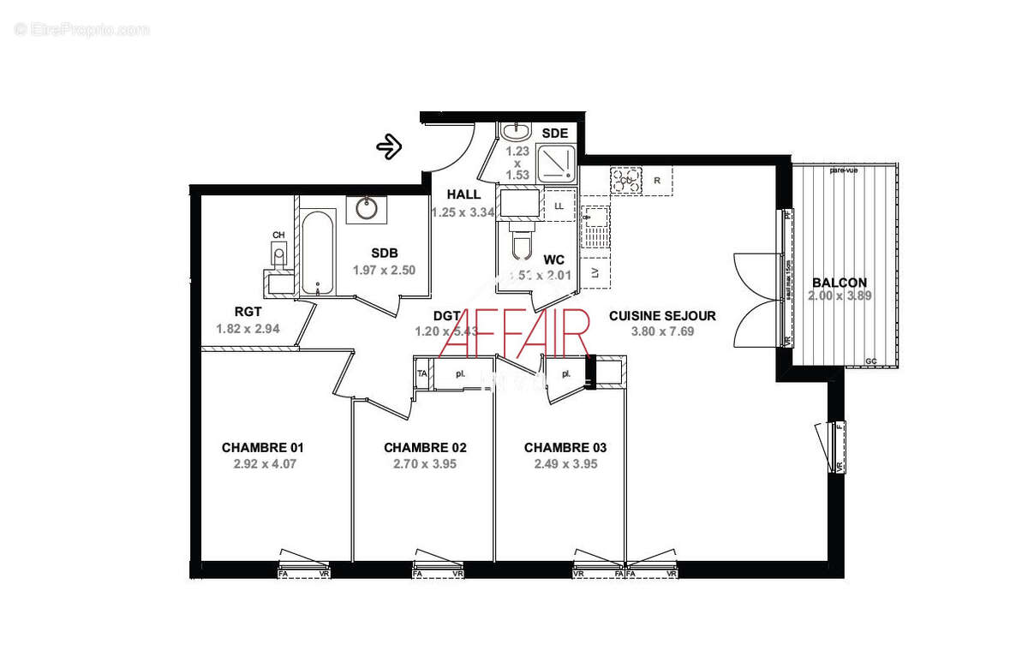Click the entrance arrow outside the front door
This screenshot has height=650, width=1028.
tap(390, 146)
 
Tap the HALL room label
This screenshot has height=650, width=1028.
tap(463, 194)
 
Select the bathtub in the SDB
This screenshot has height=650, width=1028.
tap(316, 253)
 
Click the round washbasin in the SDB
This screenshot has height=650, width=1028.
tap(366, 207)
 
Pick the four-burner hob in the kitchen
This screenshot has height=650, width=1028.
tap(625, 180)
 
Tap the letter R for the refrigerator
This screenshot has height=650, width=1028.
tap(657, 181)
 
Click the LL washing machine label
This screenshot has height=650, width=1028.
tap(559, 206)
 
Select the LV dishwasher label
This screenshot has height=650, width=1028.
tap(595, 273)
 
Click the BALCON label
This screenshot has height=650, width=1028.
tap(840, 283)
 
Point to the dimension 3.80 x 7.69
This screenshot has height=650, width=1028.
tap(662, 331)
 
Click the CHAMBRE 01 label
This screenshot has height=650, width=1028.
tap(263, 447)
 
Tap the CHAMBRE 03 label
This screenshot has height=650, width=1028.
tap(565, 447)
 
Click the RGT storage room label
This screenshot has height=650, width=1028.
tap(248, 312)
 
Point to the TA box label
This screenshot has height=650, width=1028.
tap(421, 374)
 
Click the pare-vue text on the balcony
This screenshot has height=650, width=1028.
tap(844, 170)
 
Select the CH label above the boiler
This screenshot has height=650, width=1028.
tap(278, 235)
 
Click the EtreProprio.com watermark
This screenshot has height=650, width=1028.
tap(82, 29)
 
